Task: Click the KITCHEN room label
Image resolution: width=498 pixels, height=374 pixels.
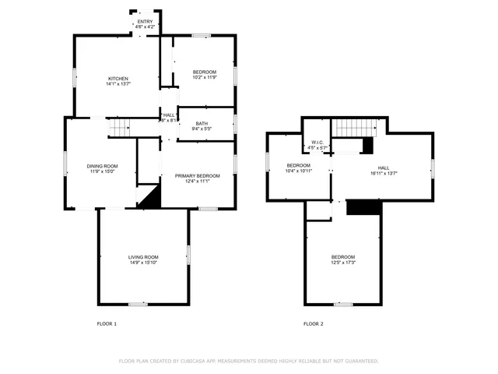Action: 117,79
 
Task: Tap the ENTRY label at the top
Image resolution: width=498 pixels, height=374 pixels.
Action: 145,22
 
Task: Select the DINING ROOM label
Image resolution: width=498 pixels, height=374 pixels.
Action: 102,166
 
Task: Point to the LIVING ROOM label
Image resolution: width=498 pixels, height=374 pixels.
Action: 143,257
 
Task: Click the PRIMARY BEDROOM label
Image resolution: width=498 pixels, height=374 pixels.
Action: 197,176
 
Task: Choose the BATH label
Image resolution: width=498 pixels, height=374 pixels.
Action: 202,123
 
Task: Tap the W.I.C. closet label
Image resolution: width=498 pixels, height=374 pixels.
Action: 318,142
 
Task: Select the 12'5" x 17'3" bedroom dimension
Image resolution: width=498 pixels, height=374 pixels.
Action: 343,263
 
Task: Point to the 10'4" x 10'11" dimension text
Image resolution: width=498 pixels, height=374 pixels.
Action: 299,171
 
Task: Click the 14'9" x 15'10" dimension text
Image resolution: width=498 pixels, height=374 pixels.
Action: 143,263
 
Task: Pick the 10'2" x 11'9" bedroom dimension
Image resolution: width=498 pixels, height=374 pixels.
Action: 205,78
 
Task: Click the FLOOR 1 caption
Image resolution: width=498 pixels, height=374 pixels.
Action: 107,323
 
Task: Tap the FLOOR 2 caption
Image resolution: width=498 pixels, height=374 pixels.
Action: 314,323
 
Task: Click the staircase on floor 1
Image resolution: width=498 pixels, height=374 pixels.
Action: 118,127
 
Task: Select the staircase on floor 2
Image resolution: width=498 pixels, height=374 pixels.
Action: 355,127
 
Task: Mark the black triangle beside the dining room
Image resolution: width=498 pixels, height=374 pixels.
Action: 150,198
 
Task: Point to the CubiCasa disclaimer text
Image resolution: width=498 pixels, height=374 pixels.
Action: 248,361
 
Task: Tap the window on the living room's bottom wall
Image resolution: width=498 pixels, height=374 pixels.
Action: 138,303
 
